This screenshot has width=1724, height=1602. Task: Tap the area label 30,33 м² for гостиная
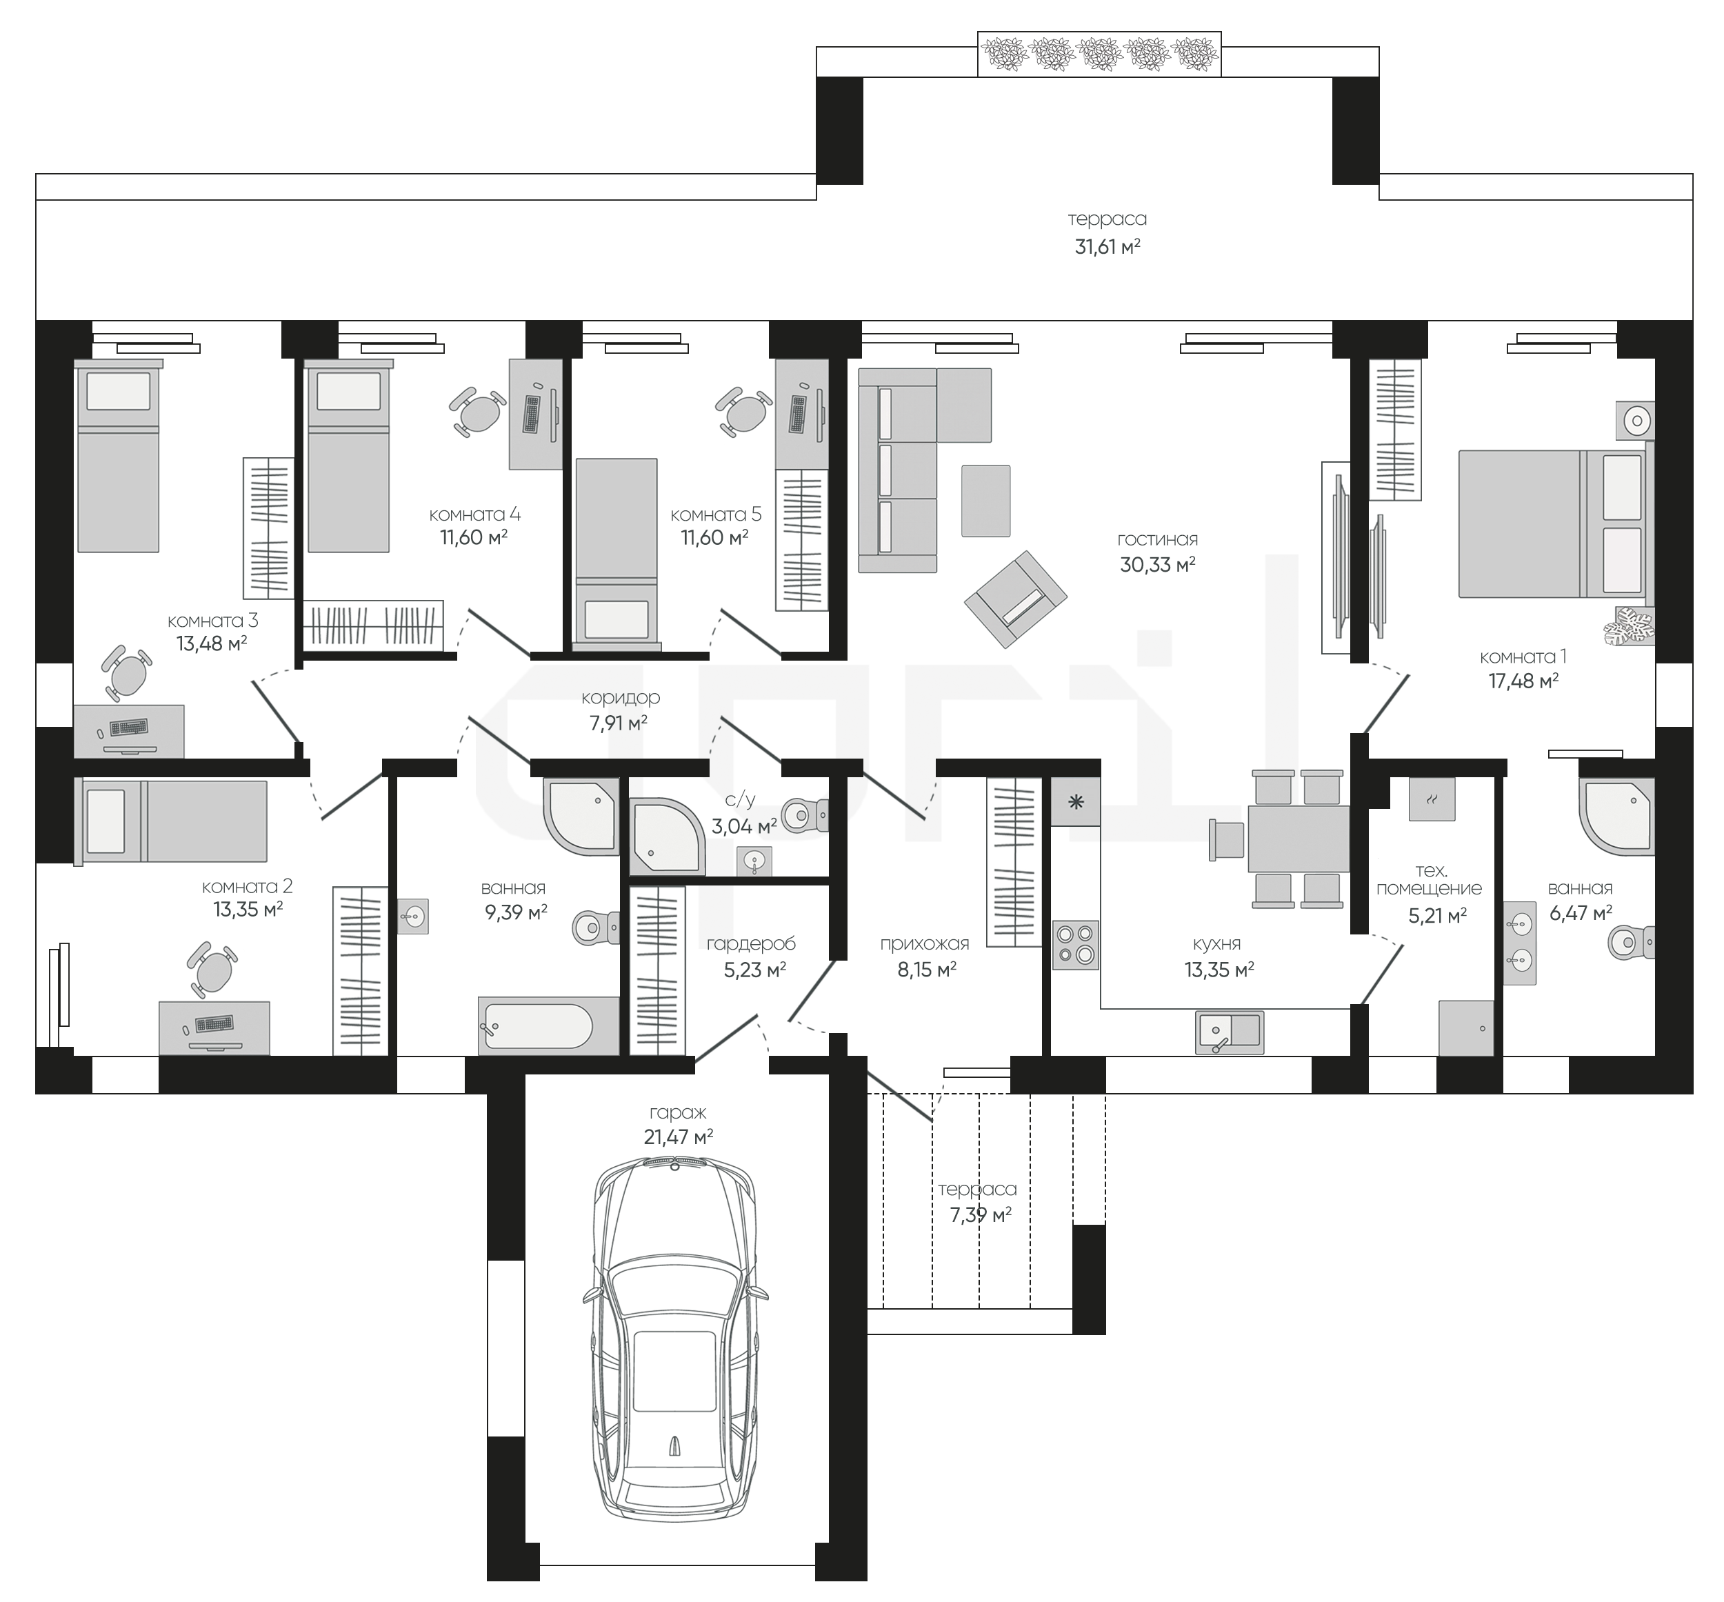1157,565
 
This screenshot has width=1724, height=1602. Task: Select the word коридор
621,697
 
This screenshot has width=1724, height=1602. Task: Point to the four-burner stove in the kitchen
1075,944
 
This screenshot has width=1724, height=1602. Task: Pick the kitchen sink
1228,1032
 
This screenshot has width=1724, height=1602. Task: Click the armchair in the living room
1016,599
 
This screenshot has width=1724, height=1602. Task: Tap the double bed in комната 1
1556,523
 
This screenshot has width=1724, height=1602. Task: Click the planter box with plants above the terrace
1099,54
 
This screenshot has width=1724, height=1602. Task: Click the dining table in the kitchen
1298,839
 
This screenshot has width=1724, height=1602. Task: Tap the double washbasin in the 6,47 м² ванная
1519,943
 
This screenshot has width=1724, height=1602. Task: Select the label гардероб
750,944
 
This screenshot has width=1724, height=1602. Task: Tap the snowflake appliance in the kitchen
1076,802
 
